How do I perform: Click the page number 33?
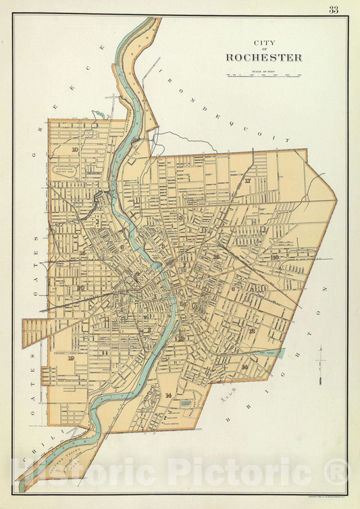click(x=334, y=9)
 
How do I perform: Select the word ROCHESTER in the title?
click(x=264, y=57)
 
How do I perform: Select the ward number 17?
click(x=248, y=182)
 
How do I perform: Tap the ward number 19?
click(x=71, y=358)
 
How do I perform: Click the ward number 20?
click(x=80, y=289)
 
